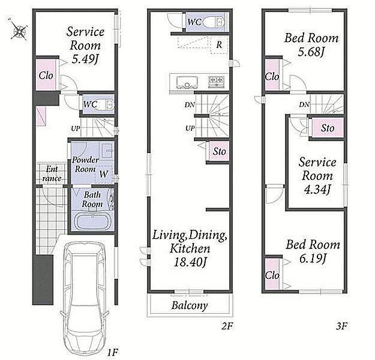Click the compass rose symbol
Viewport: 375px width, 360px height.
pyautogui.click(x=18, y=29)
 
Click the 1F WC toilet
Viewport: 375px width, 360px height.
pyautogui.click(x=107, y=105)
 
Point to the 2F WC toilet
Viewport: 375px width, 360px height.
pyautogui.click(x=214, y=22)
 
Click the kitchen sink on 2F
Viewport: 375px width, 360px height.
pyautogui.click(x=187, y=82)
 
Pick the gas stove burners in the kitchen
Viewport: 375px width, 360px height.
pyautogui.click(x=217, y=82)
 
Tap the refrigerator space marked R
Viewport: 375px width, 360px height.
pyautogui.click(x=219, y=45)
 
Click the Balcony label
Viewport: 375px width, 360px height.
pyautogui.click(x=190, y=305)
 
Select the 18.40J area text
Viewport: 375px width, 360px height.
pyautogui.click(x=190, y=262)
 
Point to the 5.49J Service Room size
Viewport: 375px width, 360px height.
pyautogui.click(x=85, y=59)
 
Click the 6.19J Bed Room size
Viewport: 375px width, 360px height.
pyautogui.click(x=313, y=259)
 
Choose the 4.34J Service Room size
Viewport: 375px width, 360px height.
pyautogui.click(x=317, y=190)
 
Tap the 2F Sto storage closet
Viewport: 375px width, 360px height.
pyautogui.click(x=219, y=151)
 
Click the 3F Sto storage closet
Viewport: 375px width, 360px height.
pyautogui.click(x=328, y=128)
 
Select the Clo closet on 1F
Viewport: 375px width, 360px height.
pyautogui.click(x=46, y=74)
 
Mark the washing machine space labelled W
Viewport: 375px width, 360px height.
pyautogui.click(x=104, y=174)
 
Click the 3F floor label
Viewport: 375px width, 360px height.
pyautogui.click(x=341, y=326)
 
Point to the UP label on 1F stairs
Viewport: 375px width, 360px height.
pyautogui.click(x=76, y=128)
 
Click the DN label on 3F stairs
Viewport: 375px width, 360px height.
pyautogui.click(x=304, y=104)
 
